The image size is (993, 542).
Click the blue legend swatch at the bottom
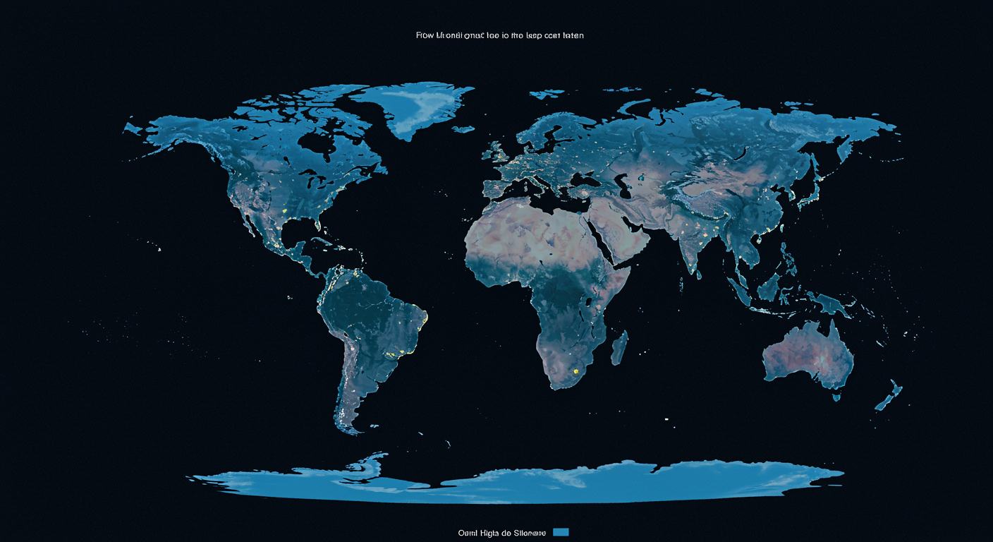pyautogui.click(x=561, y=532)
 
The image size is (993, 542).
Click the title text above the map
pyautogui.click(x=499, y=35)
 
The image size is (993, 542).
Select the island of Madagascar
pyautogui.click(x=619, y=348)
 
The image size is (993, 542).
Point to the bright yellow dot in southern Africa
pyautogui.click(x=576, y=370)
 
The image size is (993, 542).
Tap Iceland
pyautogui.click(x=463, y=129)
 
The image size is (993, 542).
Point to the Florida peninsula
pyautogui.click(x=319, y=228)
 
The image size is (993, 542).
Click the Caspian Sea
pyautogui.click(x=623, y=187)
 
